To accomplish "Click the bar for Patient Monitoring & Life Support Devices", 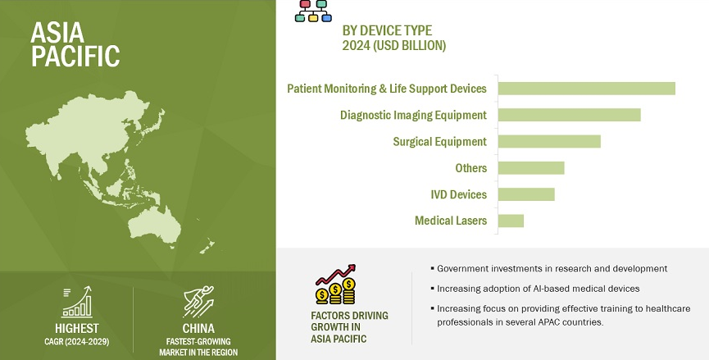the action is point(587,89).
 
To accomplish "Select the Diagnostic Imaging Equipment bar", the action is point(570,115).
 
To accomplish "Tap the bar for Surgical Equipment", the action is point(549,142).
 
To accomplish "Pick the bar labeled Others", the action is point(531,168).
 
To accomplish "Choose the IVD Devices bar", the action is point(526,194).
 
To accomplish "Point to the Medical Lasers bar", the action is point(511,221).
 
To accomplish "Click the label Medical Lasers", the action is point(451,221).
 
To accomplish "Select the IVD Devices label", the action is point(458,194).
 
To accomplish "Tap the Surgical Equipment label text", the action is point(439,142).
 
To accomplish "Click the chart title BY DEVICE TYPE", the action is point(387,31).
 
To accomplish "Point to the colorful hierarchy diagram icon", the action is point(313,11).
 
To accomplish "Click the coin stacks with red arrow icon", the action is point(335,285).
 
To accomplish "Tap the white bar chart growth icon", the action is point(77,302).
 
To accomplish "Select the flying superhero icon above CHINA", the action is point(198,302).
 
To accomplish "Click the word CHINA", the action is point(198,328).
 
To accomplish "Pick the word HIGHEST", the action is point(77,328).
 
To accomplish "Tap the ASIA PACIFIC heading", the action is point(75,44).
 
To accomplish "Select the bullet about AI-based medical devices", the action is point(538,289).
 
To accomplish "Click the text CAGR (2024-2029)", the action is point(77,342).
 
